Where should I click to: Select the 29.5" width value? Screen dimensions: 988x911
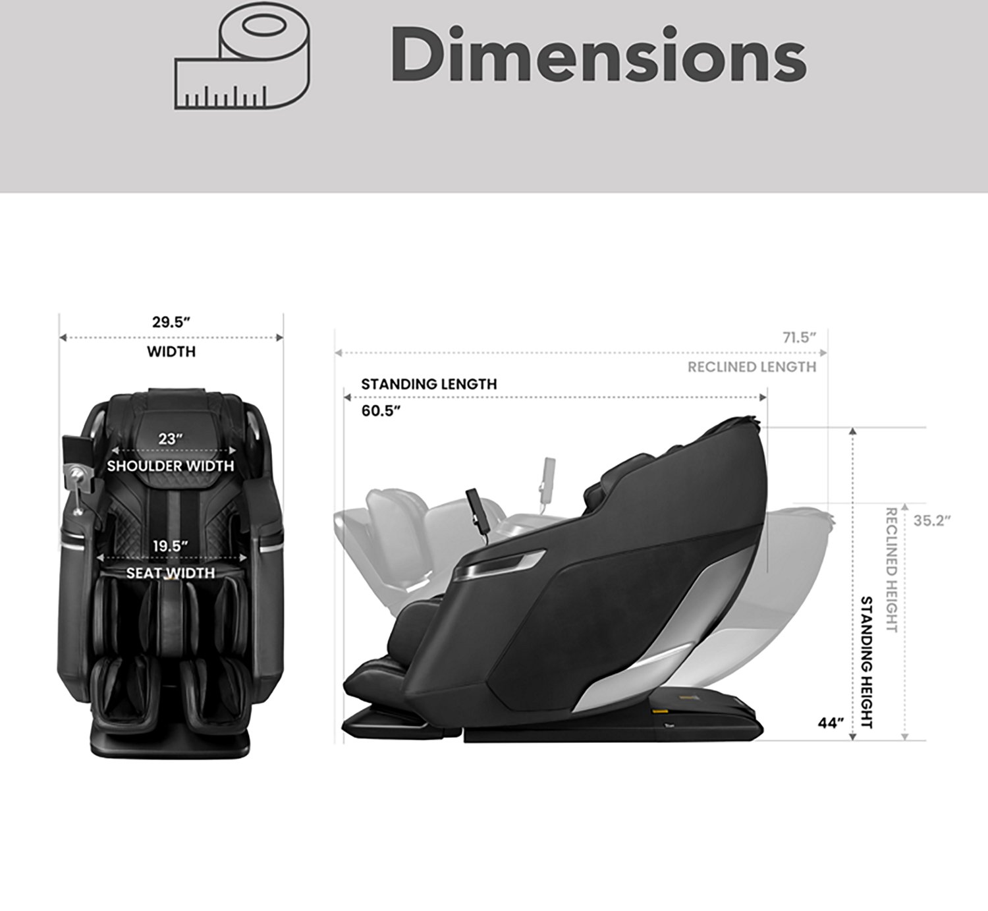pos(171,322)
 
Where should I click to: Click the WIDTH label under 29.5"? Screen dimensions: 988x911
pos(171,352)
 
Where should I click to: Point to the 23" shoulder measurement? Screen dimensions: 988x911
pos(171,439)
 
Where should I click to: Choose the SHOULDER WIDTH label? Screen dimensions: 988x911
pos(171,466)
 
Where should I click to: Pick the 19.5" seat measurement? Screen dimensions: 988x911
pos(170,546)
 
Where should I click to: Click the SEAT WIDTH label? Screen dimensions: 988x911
pos(171,573)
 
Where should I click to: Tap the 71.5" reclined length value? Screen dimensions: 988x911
pos(800,338)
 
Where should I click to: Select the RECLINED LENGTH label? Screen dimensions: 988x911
pos(752,367)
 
